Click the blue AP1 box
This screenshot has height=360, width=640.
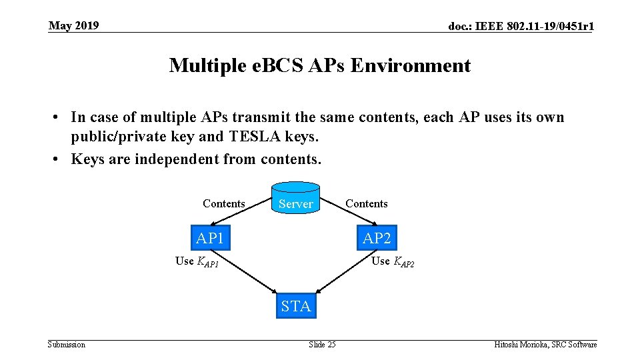210,237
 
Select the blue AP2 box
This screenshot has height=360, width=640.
377,237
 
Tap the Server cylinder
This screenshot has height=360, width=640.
295,201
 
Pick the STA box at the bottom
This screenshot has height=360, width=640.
295,306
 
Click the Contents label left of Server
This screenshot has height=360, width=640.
223,203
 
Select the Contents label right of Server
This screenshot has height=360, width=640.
366,203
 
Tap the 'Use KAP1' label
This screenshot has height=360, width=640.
197,261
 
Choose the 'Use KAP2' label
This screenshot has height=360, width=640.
393,261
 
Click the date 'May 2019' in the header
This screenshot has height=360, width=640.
74,26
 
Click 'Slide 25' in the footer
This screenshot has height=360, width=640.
322,345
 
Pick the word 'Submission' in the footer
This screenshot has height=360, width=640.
67,345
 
